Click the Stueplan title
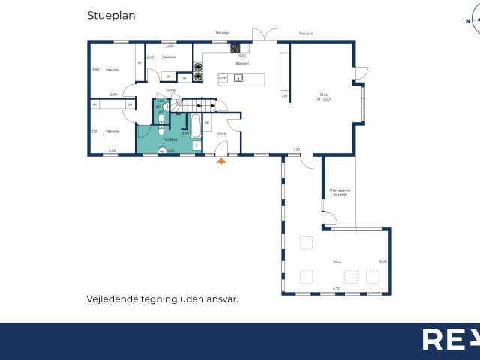112,14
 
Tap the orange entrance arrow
220,160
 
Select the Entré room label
221,133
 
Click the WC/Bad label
169,139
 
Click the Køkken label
241,63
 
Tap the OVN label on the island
223,77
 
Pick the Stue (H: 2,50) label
323,96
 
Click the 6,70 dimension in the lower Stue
337,288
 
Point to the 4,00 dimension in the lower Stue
382,261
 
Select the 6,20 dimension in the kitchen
242,55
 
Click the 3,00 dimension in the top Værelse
169,46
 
